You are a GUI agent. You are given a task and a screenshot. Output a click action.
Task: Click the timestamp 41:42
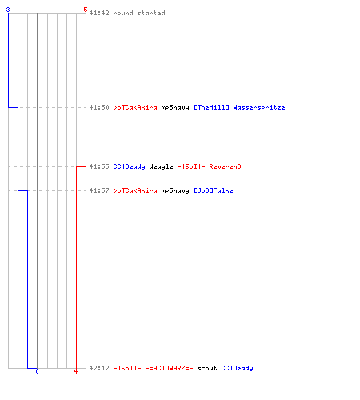tap(99, 13)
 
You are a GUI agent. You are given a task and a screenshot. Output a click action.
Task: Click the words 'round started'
tap(139, 13)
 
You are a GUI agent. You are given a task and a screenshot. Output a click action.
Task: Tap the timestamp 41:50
tap(99, 107)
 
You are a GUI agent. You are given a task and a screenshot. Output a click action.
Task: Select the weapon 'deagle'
tap(161, 166)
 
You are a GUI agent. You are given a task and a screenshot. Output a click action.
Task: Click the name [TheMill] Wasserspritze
tap(239, 107)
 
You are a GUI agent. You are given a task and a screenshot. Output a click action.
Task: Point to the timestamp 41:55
tap(99, 166)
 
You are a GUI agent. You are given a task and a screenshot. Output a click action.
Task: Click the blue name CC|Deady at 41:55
tap(129, 166)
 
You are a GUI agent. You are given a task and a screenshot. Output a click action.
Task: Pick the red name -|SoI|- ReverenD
tap(209, 166)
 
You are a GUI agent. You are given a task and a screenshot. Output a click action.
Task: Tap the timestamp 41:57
tap(99, 190)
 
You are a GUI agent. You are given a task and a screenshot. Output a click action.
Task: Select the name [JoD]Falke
tap(214, 190)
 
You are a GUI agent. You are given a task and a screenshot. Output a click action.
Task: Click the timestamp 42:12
tap(99, 368)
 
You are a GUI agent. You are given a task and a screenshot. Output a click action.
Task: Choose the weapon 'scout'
tap(207, 368)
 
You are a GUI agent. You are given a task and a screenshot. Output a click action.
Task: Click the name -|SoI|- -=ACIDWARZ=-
tap(153, 368)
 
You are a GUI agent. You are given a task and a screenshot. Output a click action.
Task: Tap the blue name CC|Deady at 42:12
tap(237, 368)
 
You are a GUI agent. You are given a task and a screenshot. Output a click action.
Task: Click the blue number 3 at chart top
tap(8, 10)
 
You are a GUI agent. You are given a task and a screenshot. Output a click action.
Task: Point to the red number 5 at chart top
tap(86, 10)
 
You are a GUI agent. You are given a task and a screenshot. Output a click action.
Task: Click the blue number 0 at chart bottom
tap(37, 371)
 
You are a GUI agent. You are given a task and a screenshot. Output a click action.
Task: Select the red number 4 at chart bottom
tap(76, 371)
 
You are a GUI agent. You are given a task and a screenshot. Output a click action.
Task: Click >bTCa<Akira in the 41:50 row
tap(135, 107)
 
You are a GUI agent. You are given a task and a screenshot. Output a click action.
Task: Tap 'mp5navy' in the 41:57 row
tap(175, 190)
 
